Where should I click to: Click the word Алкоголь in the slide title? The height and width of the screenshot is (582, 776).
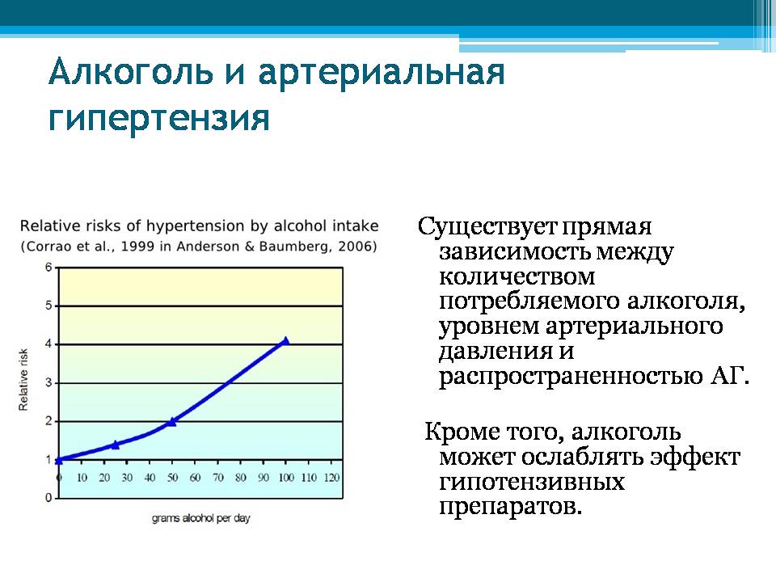point(131,72)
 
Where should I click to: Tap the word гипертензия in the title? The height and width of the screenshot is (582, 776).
point(159,120)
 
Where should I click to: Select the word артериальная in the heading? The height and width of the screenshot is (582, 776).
point(382,74)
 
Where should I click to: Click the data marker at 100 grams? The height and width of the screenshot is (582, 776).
point(285,340)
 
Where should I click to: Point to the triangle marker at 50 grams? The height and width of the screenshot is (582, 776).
point(171,422)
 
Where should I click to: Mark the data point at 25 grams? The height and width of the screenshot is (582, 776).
point(116,445)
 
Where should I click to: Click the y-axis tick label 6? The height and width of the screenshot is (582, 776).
point(48,268)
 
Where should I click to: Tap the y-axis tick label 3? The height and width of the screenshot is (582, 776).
point(48,383)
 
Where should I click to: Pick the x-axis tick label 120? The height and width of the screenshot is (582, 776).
point(331,478)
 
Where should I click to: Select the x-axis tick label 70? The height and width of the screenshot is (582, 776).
point(217,478)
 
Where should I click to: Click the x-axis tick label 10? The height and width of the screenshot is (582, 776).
point(82,478)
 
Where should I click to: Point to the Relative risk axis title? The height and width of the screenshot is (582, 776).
point(23,380)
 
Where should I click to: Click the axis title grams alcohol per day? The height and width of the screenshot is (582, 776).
point(201,518)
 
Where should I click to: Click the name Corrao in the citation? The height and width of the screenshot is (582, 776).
point(47,247)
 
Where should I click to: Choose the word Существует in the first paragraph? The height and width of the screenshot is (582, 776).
point(487,226)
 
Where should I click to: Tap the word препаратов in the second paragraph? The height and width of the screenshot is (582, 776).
point(510,507)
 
